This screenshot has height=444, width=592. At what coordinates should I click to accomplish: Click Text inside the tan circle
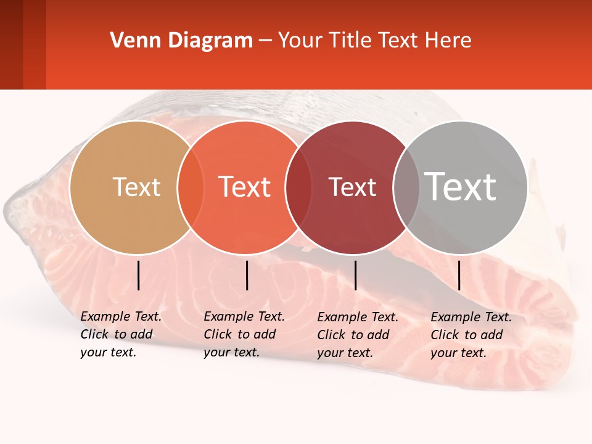click(136, 187)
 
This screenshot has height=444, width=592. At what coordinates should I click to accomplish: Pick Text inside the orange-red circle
click(245, 187)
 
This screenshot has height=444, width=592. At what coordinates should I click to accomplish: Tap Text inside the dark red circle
click(352, 187)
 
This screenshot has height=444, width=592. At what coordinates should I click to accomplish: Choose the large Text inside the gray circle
click(461, 186)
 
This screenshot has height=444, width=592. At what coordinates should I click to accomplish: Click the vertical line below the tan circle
click(138, 275)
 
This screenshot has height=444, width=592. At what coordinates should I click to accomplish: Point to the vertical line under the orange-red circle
click(247, 275)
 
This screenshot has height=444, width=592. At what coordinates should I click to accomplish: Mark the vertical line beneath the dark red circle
click(355, 275)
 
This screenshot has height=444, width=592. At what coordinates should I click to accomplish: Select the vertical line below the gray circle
click(459, 275)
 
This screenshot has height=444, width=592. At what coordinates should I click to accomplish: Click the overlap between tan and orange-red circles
click(191, 187)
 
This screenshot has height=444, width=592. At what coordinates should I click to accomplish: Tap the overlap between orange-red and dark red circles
click(298, 187)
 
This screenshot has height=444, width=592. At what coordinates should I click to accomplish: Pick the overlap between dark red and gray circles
click(406, 187)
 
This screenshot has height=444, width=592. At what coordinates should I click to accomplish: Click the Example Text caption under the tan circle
click(120, 334)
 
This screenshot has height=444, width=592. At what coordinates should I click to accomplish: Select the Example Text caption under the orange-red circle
click(244, 334)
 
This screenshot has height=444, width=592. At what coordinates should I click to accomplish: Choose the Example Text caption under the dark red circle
click(357, 335)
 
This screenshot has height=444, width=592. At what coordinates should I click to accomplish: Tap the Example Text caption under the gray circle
click(471, 335)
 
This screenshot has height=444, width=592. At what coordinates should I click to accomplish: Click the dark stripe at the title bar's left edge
click(11, 44)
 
